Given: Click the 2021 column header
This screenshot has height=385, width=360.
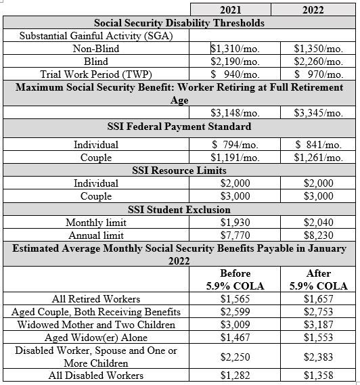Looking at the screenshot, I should [x=231, y=10].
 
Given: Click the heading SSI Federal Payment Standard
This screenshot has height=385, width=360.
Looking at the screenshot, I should [x=179, y=127].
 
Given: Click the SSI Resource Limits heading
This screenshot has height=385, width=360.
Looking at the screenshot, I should [x=179, y=171].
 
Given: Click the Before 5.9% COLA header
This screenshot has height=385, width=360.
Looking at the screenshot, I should [x=231, y=279].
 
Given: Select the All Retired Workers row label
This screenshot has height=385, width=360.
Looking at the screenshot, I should [x=96, y=298].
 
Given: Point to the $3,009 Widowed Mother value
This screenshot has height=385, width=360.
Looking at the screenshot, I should [x=231, y=324].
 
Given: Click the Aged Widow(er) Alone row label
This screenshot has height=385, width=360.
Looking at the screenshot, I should [x=96, y=337].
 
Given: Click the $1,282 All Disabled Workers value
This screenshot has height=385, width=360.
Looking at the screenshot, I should [x=231, y=375].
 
